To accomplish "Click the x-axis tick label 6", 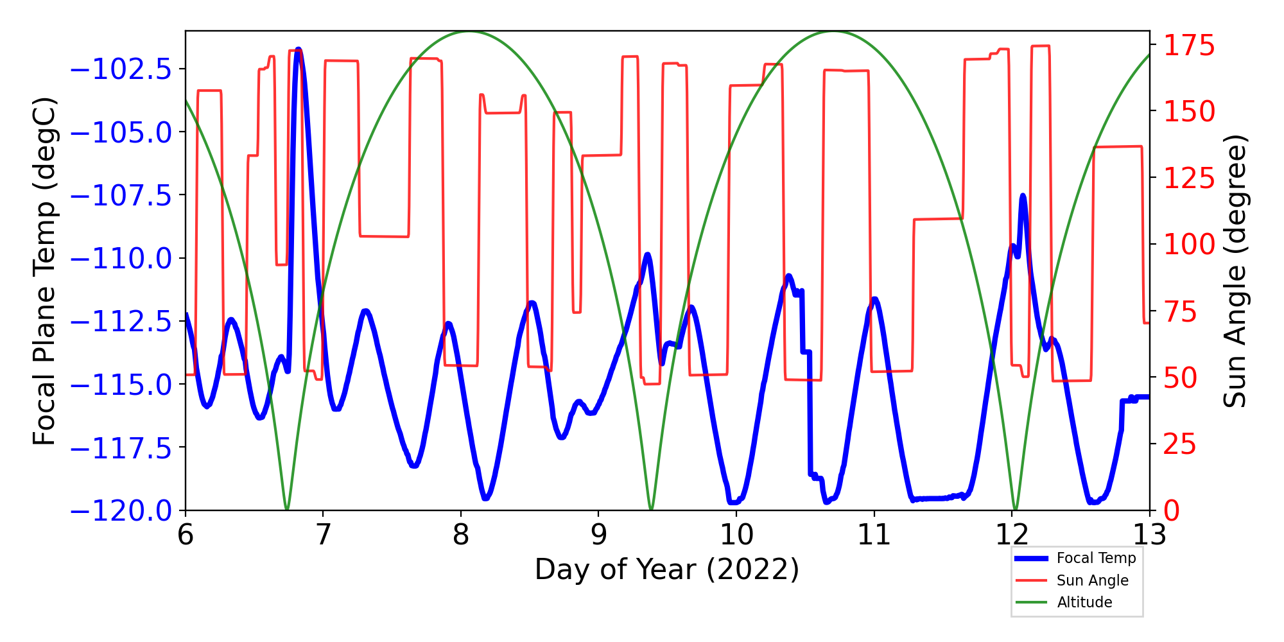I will [186, 535].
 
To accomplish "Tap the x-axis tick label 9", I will [598, 535].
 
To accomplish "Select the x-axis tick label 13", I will [1149, 535].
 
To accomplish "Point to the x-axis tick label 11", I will [873, 535].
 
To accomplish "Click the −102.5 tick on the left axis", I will [121, 69].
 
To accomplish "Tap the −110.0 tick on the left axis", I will [121, 259].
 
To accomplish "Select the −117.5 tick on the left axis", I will [121, 448].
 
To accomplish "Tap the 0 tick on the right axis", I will [1172, 511].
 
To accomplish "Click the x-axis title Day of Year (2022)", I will [667, 569].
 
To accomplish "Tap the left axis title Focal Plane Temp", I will [45, 271].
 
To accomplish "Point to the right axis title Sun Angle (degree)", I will [1234, 271].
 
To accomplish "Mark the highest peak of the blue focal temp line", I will [299, 49].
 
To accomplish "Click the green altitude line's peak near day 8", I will [469, 31].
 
